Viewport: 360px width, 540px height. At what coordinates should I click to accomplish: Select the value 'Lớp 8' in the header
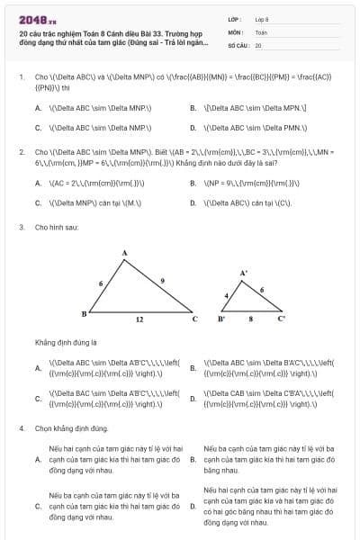(261, 19)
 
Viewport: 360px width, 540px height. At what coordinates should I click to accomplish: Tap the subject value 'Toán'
(261, 31)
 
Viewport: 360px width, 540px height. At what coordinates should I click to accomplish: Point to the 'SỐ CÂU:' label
(239, 45)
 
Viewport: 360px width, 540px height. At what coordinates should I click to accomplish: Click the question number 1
(21, 77)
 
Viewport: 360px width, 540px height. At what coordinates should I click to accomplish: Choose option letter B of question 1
(193, 108)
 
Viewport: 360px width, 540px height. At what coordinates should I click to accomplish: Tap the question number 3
(21, 227)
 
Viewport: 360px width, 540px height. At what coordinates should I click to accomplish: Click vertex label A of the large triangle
(124, 253)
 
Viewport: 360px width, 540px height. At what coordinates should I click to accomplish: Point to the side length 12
(139, 319)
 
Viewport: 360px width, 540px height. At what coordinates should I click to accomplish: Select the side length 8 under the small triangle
(250, 319)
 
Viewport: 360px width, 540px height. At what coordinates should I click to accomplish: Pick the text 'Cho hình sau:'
(57, 227)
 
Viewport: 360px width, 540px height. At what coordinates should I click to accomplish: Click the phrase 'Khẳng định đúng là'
(66, 342)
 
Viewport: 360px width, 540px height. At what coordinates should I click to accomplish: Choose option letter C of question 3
(38, 399)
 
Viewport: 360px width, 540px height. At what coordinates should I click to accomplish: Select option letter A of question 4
(38, 459)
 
